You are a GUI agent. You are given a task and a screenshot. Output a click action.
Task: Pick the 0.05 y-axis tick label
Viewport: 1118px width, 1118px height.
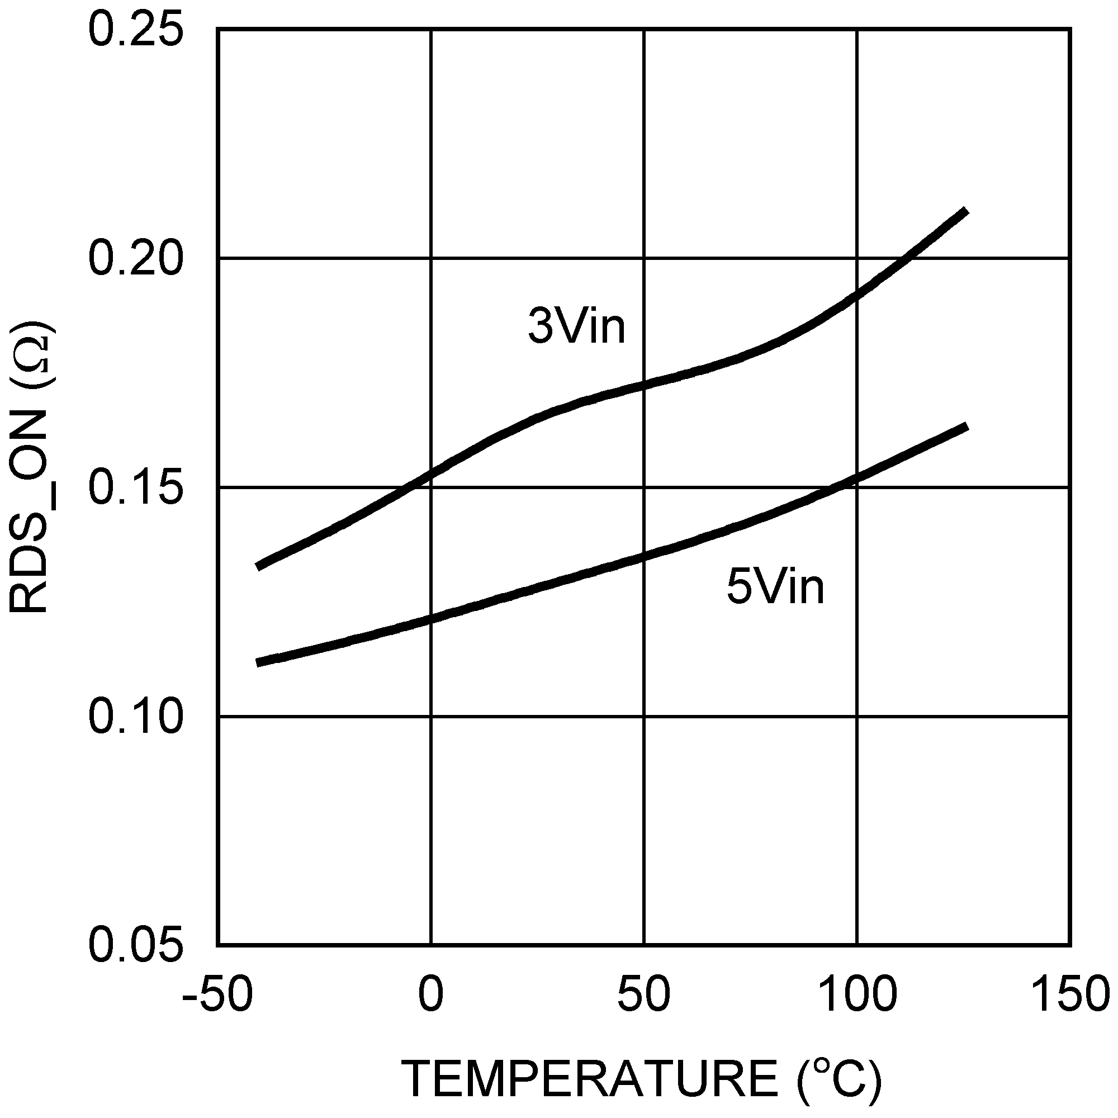coord(135,946)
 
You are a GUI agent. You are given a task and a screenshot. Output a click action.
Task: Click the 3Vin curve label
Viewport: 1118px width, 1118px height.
coord(576,326)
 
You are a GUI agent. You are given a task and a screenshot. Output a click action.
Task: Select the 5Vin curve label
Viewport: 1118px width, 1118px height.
coord(775,587)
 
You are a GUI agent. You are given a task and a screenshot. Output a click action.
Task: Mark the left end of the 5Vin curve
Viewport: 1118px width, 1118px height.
coord(258,662)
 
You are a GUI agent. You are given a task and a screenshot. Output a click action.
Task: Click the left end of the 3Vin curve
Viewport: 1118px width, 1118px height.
coord(258,566)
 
